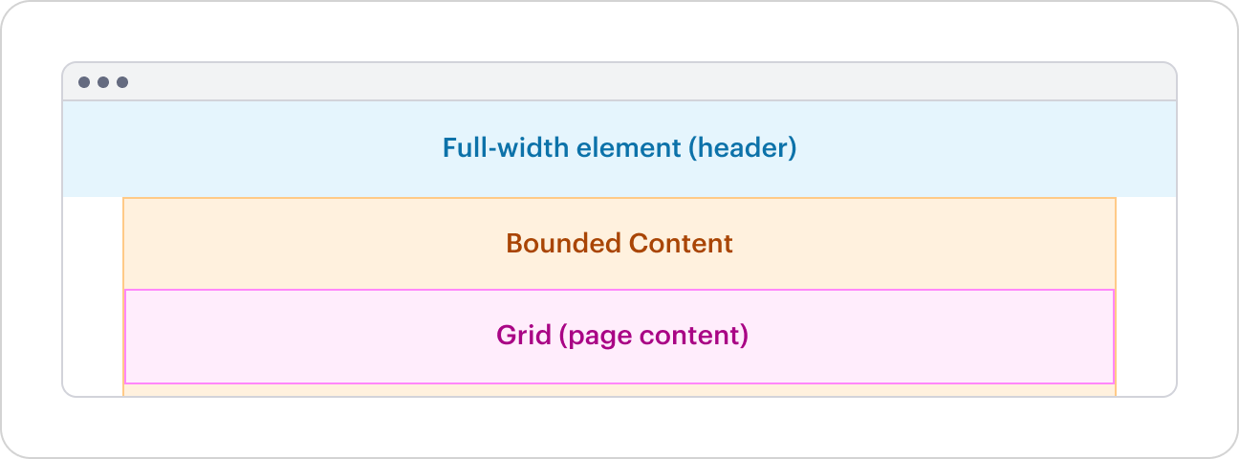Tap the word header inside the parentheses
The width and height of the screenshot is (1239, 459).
(x=743, y=148)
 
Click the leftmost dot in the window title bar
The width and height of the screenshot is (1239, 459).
(x=84, y=82)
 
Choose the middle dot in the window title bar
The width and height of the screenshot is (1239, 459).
(x=103, y=82)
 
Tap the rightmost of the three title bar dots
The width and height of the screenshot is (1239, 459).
(x=122, y=82)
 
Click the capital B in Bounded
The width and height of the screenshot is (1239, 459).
(x=513, y=243)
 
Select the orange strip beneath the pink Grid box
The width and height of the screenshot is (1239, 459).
(x=619, y=390)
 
